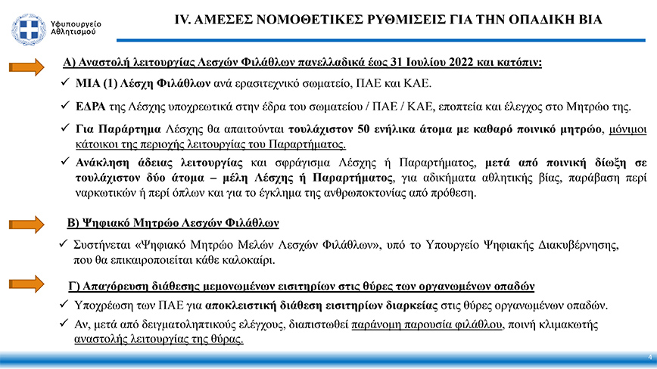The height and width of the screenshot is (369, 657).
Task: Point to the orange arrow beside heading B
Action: pyautogui.click(x=31, y=225)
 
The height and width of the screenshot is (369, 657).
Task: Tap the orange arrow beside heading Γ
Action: pyautogui.click(x=31, y=285)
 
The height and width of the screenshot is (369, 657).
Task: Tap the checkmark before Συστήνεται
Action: pyautogui.click(x=64, y=247)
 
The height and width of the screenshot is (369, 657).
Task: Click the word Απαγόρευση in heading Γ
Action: pyautogui.click(x=115, y=287)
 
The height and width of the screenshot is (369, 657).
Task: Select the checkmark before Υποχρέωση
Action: pyautogui.click(x=64, y=305)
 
